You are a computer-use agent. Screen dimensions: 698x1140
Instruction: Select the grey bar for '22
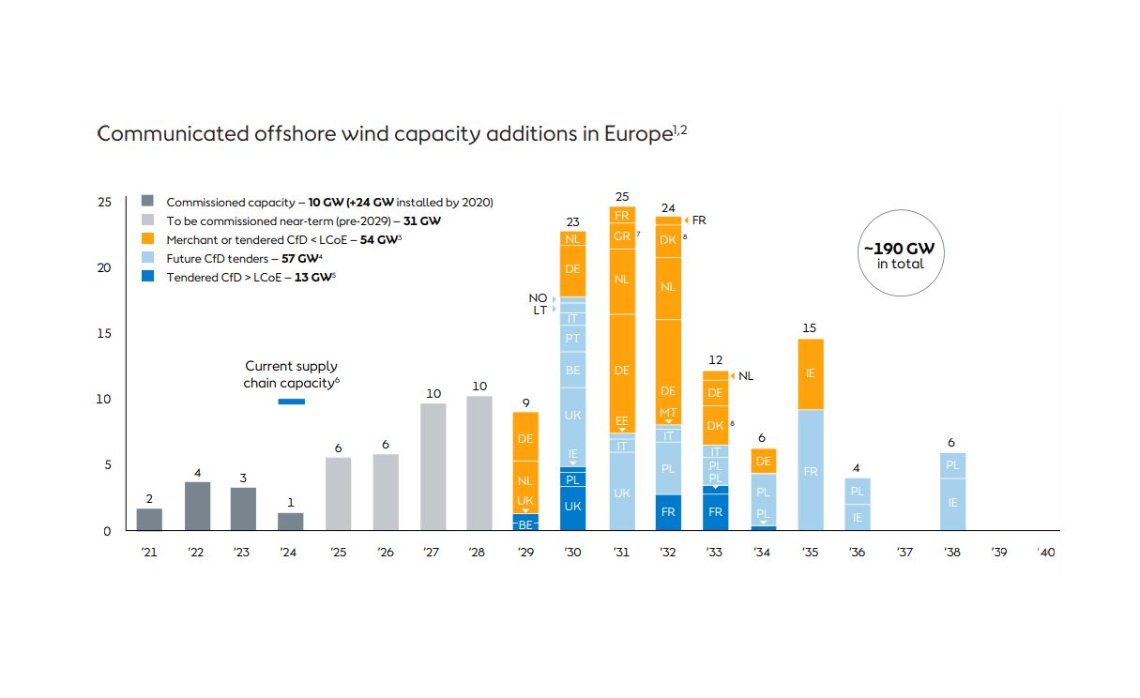(x=196, y=507)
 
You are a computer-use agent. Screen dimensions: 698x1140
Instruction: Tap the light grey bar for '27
(x=433, y=467)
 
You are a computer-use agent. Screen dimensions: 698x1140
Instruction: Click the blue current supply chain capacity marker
(x=291, y=402)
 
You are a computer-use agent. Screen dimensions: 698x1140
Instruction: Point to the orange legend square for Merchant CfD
(x=147, y=239)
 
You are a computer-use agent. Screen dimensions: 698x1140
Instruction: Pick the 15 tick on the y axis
(x=104, y=334)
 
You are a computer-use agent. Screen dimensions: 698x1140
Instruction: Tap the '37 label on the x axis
(x=904, y=553)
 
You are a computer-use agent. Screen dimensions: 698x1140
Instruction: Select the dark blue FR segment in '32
(x=668, y=512)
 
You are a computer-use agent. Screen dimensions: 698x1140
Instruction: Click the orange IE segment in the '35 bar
(x=810, y=373)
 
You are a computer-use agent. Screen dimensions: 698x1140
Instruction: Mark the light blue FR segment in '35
(x=810, y=471)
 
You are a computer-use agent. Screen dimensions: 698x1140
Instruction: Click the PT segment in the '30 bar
(x=572, y=338)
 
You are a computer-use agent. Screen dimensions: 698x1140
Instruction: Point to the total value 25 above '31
(x=621, y=196)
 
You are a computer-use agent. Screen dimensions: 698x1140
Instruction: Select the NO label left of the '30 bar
(x=538, y=298)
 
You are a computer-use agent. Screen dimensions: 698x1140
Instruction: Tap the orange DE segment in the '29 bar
(x=525, y=437)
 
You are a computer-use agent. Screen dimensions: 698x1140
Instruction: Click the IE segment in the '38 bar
(x=951, y=504)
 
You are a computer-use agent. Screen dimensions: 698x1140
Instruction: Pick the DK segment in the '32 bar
(x=668, y=239)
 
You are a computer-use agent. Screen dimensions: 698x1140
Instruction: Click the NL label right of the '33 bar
(x=746, y=376)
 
